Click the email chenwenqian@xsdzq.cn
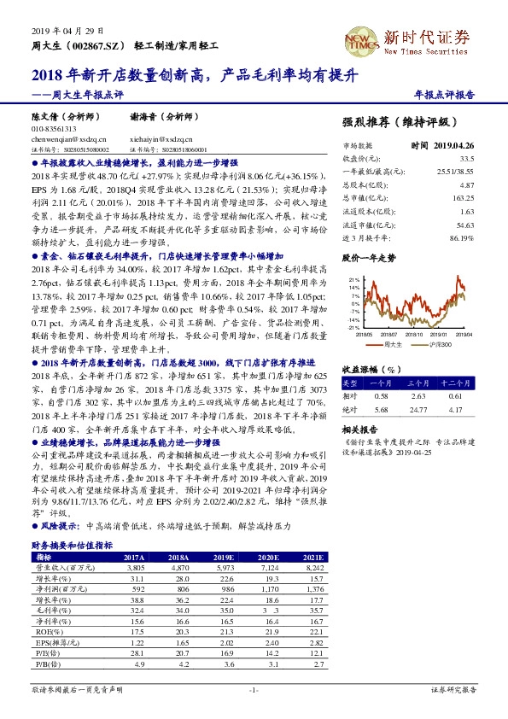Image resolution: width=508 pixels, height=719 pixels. (x=69, y=137)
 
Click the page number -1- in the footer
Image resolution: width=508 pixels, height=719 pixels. (x=253, y=688)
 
